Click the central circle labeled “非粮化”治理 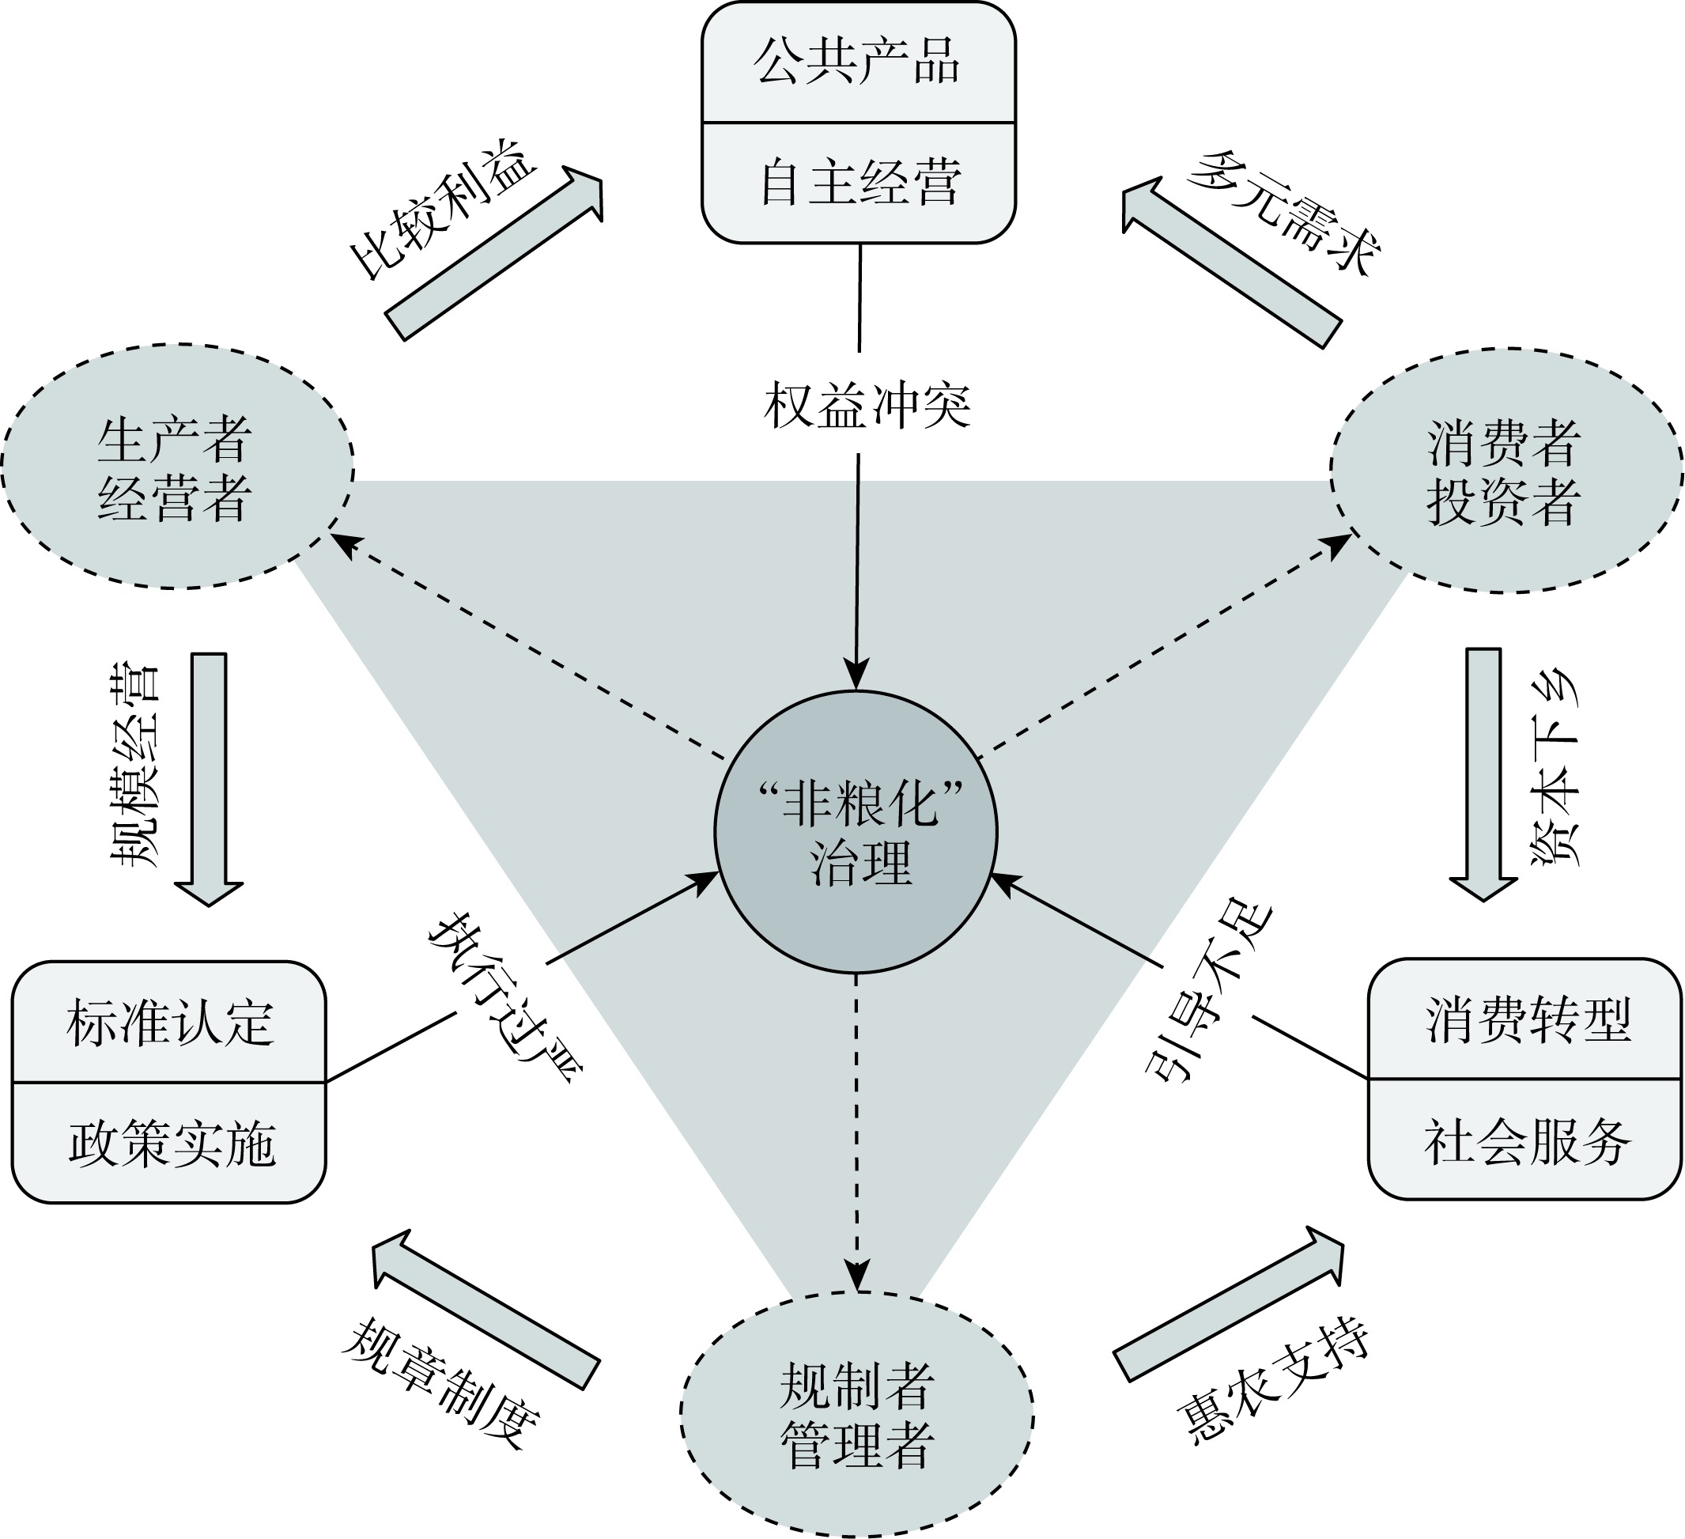(855, 832)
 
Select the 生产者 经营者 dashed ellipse (176, 467)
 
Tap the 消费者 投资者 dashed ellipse (1505, 471)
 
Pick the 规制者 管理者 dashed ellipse (856, 1415)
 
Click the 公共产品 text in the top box (858, 62)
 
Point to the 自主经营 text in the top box (860, 183)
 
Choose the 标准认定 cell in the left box (170, 1022)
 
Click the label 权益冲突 (867, 406)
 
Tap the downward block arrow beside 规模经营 (209, 778)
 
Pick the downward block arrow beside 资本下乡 (1483, 774)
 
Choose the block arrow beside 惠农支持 (1229, 1304)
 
